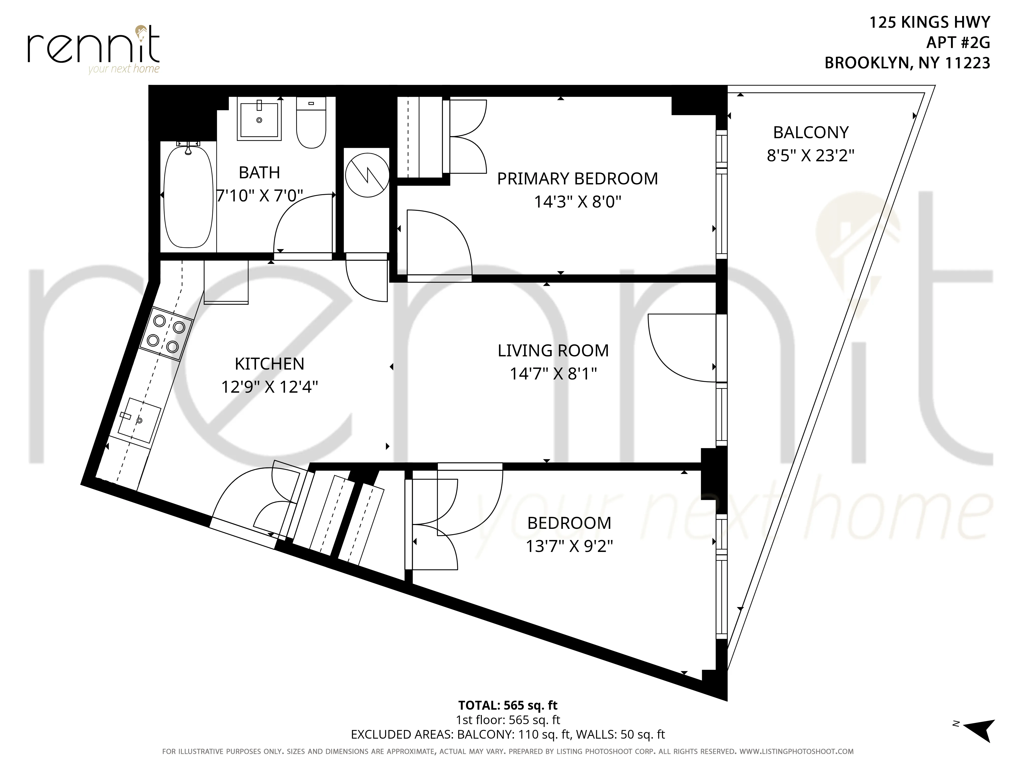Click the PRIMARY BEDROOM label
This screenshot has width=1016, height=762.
coord(577,179)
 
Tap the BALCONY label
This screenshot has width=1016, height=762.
coord(811,132)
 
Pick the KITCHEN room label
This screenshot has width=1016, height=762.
coord(269,364)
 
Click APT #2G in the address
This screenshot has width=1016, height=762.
coord(958,42)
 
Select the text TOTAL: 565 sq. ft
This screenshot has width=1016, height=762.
coord(507,705)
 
